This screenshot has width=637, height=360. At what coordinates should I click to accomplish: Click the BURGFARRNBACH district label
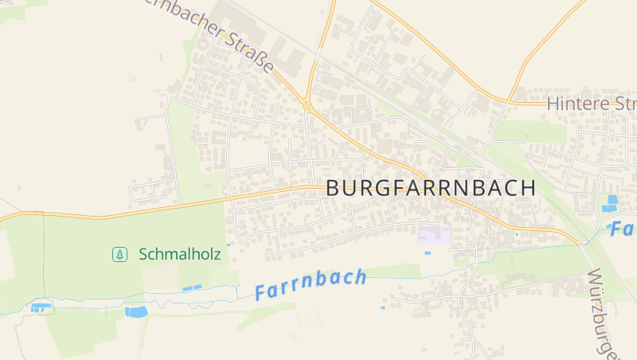[431, 188]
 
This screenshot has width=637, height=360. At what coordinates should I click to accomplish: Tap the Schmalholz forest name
[179, 255]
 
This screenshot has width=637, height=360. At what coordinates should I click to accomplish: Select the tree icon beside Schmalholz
[119, 255]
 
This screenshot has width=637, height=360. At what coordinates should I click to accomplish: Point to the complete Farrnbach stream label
[311, 284]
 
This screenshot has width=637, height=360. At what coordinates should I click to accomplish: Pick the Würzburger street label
[605, 315]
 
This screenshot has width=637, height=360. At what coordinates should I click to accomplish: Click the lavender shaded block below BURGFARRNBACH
[435, 235]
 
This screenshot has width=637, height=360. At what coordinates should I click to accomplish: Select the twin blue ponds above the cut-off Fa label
[610, 203]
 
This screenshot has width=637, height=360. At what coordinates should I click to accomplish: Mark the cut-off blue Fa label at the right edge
[622, 229]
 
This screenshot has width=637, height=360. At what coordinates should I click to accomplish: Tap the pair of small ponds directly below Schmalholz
[192, 288]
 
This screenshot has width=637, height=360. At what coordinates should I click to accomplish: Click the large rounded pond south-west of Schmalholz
[136, 311]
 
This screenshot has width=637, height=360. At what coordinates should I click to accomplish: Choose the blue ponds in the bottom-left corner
[40, 306]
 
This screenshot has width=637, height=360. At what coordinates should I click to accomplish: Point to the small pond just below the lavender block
[428, 253]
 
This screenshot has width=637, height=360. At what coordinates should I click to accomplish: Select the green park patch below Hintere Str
[530, 132]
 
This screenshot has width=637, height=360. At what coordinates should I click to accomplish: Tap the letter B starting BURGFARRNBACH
[335, 189]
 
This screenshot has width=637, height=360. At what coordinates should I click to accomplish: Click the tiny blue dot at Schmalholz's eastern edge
[228, 245]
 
